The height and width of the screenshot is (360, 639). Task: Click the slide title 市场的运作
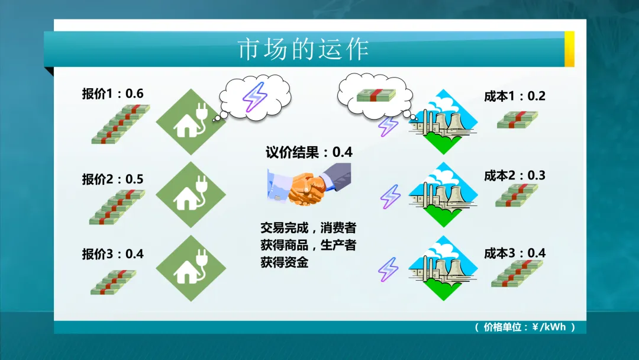[x=303, y=49]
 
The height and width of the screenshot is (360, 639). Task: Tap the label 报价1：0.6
[x=112, y=94]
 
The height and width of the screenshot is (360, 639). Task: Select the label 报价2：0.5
[x=112, y=179]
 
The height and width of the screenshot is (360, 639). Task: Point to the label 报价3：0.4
[x=112, y=254]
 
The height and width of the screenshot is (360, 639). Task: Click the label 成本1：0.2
[x=514, y=96]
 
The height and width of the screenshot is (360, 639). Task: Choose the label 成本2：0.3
[x=514, y=175]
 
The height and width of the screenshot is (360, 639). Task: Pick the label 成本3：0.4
[x=514, y=253]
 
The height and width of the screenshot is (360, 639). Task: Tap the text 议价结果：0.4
[x=309, y=152]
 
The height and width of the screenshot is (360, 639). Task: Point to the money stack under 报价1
[x=121, y=124]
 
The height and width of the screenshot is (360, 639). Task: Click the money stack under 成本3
[x=517, y=274]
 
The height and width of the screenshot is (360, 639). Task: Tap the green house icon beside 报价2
[x=191, y=195]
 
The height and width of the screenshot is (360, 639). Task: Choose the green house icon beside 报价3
[x=191, y=268]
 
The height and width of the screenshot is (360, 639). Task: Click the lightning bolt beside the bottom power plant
[x=389, y=269]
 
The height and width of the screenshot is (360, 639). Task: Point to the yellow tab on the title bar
[x=569, y=49]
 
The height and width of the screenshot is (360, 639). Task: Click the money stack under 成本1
[x=517, y=120]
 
